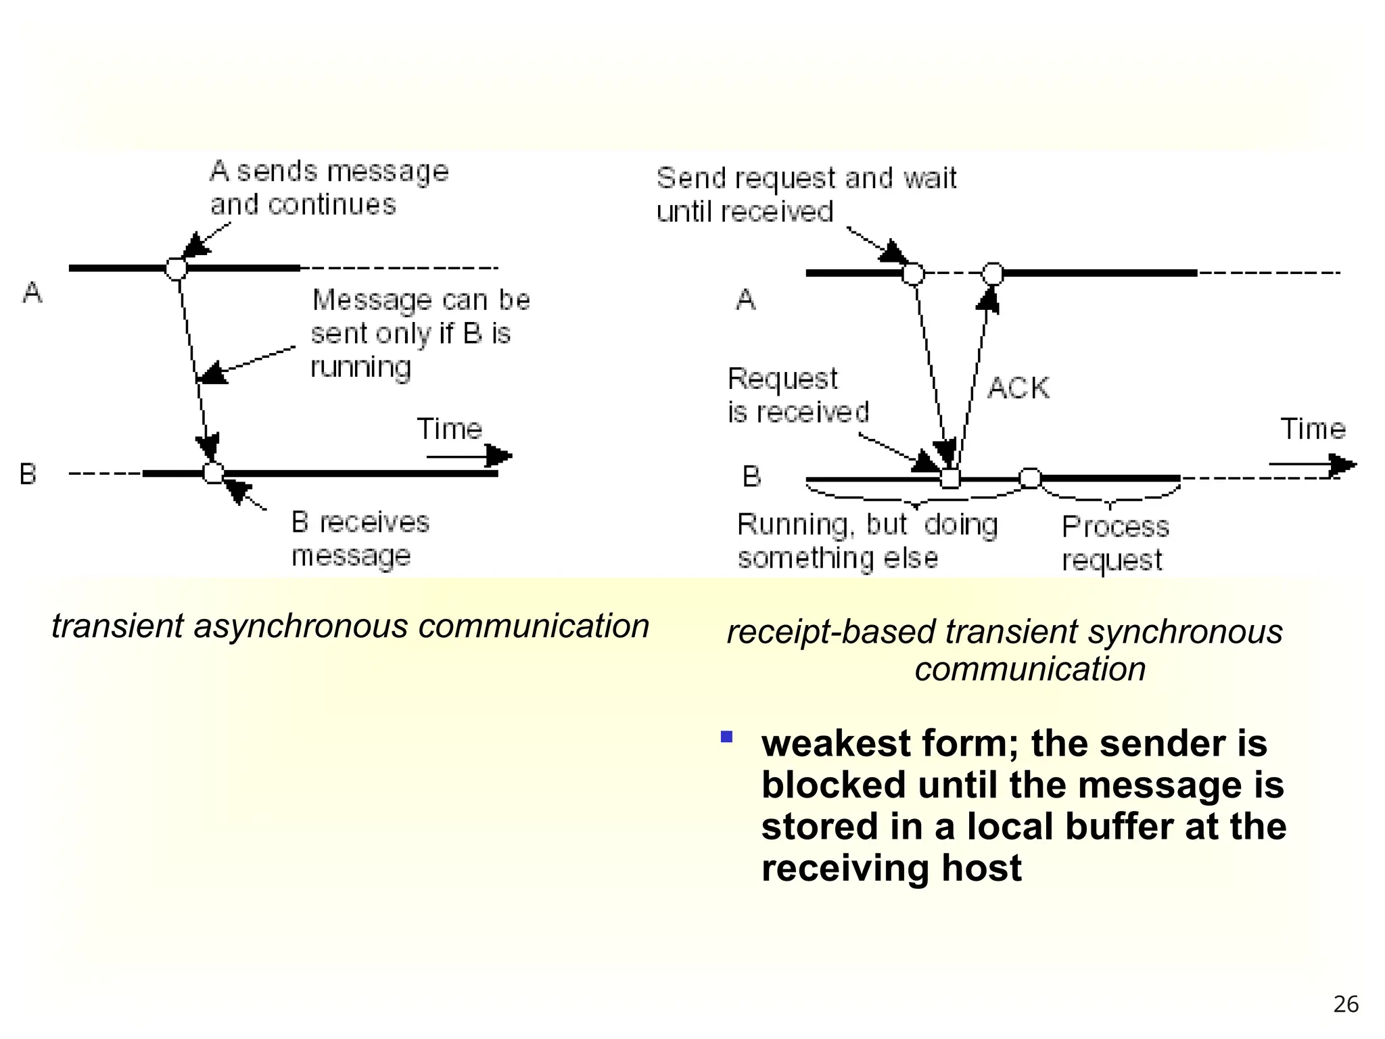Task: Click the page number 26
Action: (x=1345, y=1005)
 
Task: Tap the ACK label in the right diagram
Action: (x=1018, y=389)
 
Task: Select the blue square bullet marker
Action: (x=727, y=737)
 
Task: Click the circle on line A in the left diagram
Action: (x=177, y=269)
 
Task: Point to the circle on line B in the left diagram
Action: (x=214, y=473)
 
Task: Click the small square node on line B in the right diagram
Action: (x=950, y=479)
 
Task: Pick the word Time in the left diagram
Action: (x=449, y=429)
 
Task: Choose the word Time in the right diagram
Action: (x=1313, y=429)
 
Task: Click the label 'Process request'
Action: (x=1114, y=543)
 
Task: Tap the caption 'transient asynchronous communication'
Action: (x=350, y=626)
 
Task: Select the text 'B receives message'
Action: (x=360, y=539)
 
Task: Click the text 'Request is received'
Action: (x=797, y=396)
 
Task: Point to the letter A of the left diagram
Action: (x=32, y=293)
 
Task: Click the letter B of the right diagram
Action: (x=751, y=477)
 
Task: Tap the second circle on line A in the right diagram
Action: (x=992, y=274)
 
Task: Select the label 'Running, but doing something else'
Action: (x=867, y=541)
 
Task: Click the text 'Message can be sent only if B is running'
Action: (x=420, y=333)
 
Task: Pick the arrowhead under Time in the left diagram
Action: (x=499, y=456)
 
